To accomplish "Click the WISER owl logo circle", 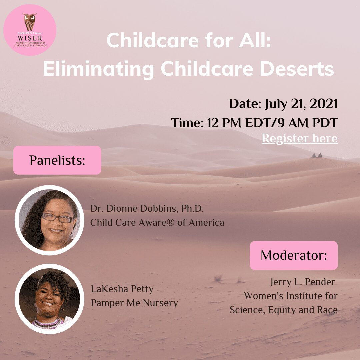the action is [x=30, y=30].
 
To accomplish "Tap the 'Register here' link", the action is [x=300, y=138].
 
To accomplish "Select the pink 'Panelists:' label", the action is [x=57, y=160].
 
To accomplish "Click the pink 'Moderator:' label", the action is [x=294, y=255].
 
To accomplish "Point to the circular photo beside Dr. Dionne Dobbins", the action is [x=49, y=220].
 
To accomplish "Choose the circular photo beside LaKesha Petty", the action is [x=49, y=299].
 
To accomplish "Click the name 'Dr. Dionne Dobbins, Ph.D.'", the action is [x=147, y=208].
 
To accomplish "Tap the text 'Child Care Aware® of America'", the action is [x=157, y=222].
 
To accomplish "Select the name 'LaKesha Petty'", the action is [x=122, y=289].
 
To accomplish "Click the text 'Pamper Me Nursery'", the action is [x=135, y=303].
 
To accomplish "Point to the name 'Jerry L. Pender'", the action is [x=303, y=282].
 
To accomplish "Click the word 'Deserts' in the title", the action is [x=297, y=69].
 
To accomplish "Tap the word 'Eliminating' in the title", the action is [x=98, y=69].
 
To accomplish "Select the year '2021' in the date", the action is [x=323, y=104].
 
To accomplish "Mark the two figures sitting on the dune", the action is [x=317, y=155].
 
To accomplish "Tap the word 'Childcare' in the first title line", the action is [x=152, y=40].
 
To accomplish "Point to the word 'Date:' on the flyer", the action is [x=245, y=104].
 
